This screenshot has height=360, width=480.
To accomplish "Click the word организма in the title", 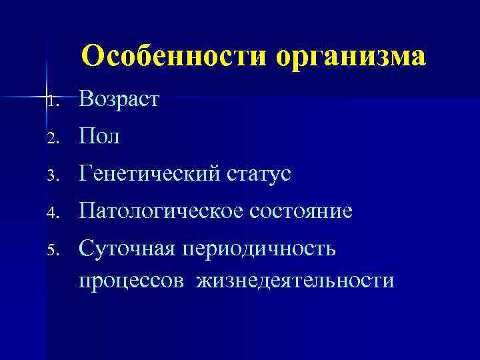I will [350, 57].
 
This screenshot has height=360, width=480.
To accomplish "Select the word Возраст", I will [119, 101].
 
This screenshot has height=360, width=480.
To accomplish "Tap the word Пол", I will [99, 137].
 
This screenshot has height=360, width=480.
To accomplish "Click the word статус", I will [261, 175].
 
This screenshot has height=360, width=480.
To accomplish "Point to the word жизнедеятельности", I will [294, 281].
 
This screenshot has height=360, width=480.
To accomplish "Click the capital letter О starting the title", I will [91, 56].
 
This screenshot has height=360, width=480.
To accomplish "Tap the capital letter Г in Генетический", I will [85, 175].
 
